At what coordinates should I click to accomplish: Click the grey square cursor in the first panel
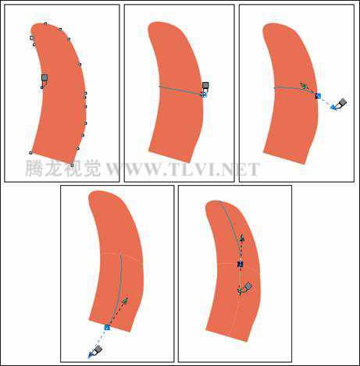[45, 77]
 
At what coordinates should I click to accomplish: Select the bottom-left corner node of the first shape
[30, 153]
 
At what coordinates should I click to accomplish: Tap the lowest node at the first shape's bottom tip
[72, 165]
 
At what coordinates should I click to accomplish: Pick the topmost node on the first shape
[45, 23]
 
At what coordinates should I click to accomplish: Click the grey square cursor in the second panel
[205, 85]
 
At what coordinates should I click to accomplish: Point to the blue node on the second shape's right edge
[204, 95]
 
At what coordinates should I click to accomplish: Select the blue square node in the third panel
[318, 96]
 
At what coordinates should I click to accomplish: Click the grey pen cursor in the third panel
[342, 103]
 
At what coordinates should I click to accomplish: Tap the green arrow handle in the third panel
[304, 86]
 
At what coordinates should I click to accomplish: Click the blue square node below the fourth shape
[107, 327]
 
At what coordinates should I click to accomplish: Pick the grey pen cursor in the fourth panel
[97, 350]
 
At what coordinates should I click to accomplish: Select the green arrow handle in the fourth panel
[125, 301]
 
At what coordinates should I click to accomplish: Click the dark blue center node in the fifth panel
[240, 265]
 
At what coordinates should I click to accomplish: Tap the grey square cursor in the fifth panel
[248, 286]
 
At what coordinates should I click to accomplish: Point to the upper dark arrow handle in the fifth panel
[242, 238]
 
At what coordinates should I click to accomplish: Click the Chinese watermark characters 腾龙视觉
[63, 169]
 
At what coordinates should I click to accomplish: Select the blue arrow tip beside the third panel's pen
[333, 107]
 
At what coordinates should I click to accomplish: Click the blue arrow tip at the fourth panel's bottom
[91, 355]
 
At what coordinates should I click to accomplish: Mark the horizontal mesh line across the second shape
[181, 90]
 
